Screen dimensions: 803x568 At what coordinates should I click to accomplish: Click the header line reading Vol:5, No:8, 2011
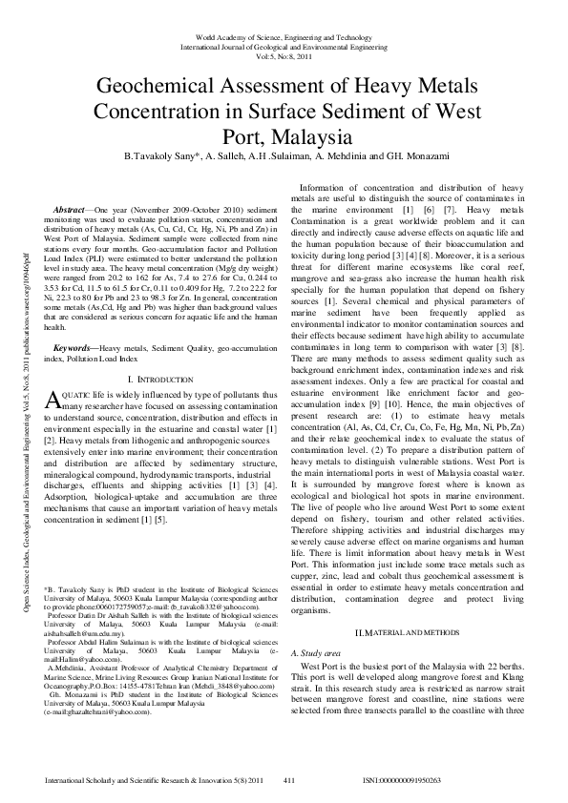point(284,54)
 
